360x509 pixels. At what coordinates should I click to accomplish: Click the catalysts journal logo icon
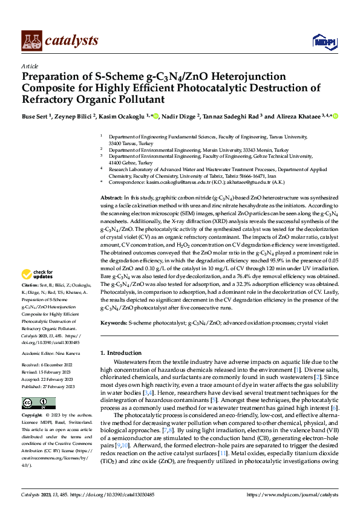pyautogui.click(x=31, y=41)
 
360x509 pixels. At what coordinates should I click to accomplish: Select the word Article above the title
pyautogui.click(x=30, y=66)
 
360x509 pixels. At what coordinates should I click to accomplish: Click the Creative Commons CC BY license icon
pyautogui.click(x=38, y=403)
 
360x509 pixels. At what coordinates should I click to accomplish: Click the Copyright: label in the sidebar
pyautogui.click(x=33, y=417)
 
